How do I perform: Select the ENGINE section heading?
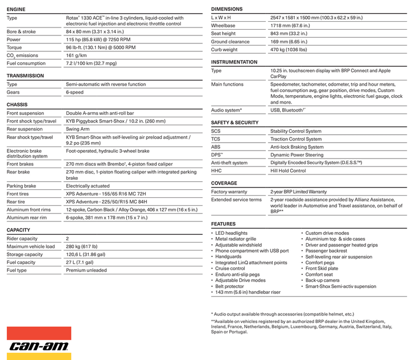pyautogui.click(x=16, y=9)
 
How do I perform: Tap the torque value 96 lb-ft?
pyautogui.click(x=100, y=47)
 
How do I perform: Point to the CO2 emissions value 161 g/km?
pyautogui.click(x=76, y=55)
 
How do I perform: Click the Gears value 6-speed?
pyautogui.click(x=76, y=91)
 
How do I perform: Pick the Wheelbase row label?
pyautogui.click(x=223, y=25)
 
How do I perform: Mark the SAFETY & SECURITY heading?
pyautogui.click(x=235, y=122)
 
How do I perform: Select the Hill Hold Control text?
pyautogui.click(x=288, y=171)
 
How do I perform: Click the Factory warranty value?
pyautogui.click(x=298, y=191)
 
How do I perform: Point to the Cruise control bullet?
pyautogui.click(x=230, y=269)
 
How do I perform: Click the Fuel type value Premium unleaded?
pyautogui.click(x=86, y=270)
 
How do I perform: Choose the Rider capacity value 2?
pyautogui.click(x=67, y=238)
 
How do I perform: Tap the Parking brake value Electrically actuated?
pyautogui.click(x=88, y=186)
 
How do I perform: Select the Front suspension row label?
pyautogui.click(x=25, y=113)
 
